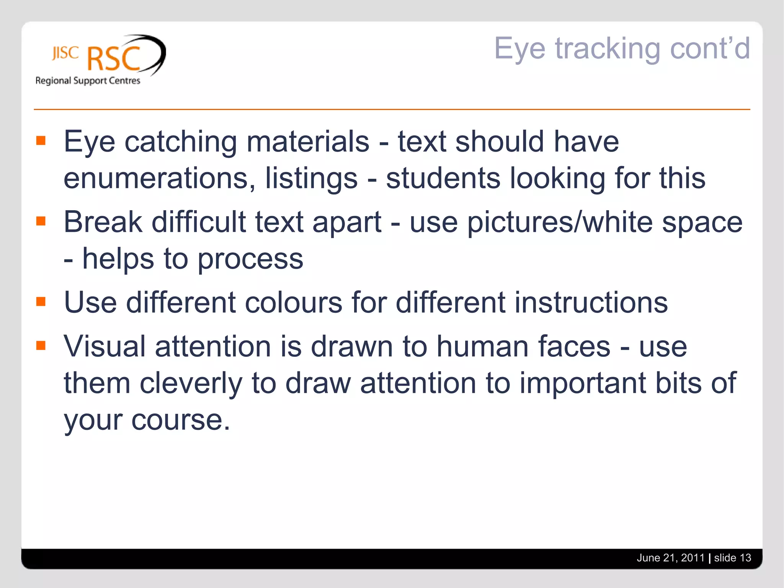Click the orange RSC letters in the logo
click(x=114, y=59)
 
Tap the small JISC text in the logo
click(x=65, y=53)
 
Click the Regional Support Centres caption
click(x=88, y=80)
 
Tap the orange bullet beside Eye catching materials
click(x=41, y=140)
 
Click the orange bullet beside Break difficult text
click(x=41, y=221)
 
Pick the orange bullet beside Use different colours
click(x=41, y=302)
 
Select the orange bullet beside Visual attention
click(x=41, y=346)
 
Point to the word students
click(x=443, y=178)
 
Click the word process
click(x=250, y=259)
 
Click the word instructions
click(x=591, y=302)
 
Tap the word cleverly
click(x=191, y=383)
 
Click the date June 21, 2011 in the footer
click(x=670, y=558)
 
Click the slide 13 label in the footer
click(x=732, y=558)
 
